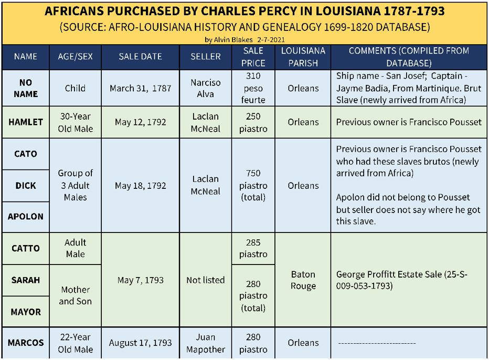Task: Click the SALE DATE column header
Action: [x=140, y=57]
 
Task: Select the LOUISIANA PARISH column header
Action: [x=303, y=57]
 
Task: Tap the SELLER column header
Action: [x=205, y=57]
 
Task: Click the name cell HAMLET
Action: [x=26, y=122]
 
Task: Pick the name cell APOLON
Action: [x=26, y=216]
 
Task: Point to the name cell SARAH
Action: [x=26, y=280]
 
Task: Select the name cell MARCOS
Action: [x=26, y=343]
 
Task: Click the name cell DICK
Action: [x=26, y=185]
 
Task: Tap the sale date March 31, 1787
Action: [x=140, y=88]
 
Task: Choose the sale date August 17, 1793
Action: [x=140, y=343]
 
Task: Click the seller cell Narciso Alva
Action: [x=205, y=88]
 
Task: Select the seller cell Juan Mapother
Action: [x=205, y=343]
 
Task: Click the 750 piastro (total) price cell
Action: [x=253, y=185]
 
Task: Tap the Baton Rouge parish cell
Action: [x=303, y=280]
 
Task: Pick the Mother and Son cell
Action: [x=75, y=295]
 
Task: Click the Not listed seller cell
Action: [x=205, y=280]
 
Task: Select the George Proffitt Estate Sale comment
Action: [x=401, y=280]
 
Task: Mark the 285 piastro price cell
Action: [x=253, y=248]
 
